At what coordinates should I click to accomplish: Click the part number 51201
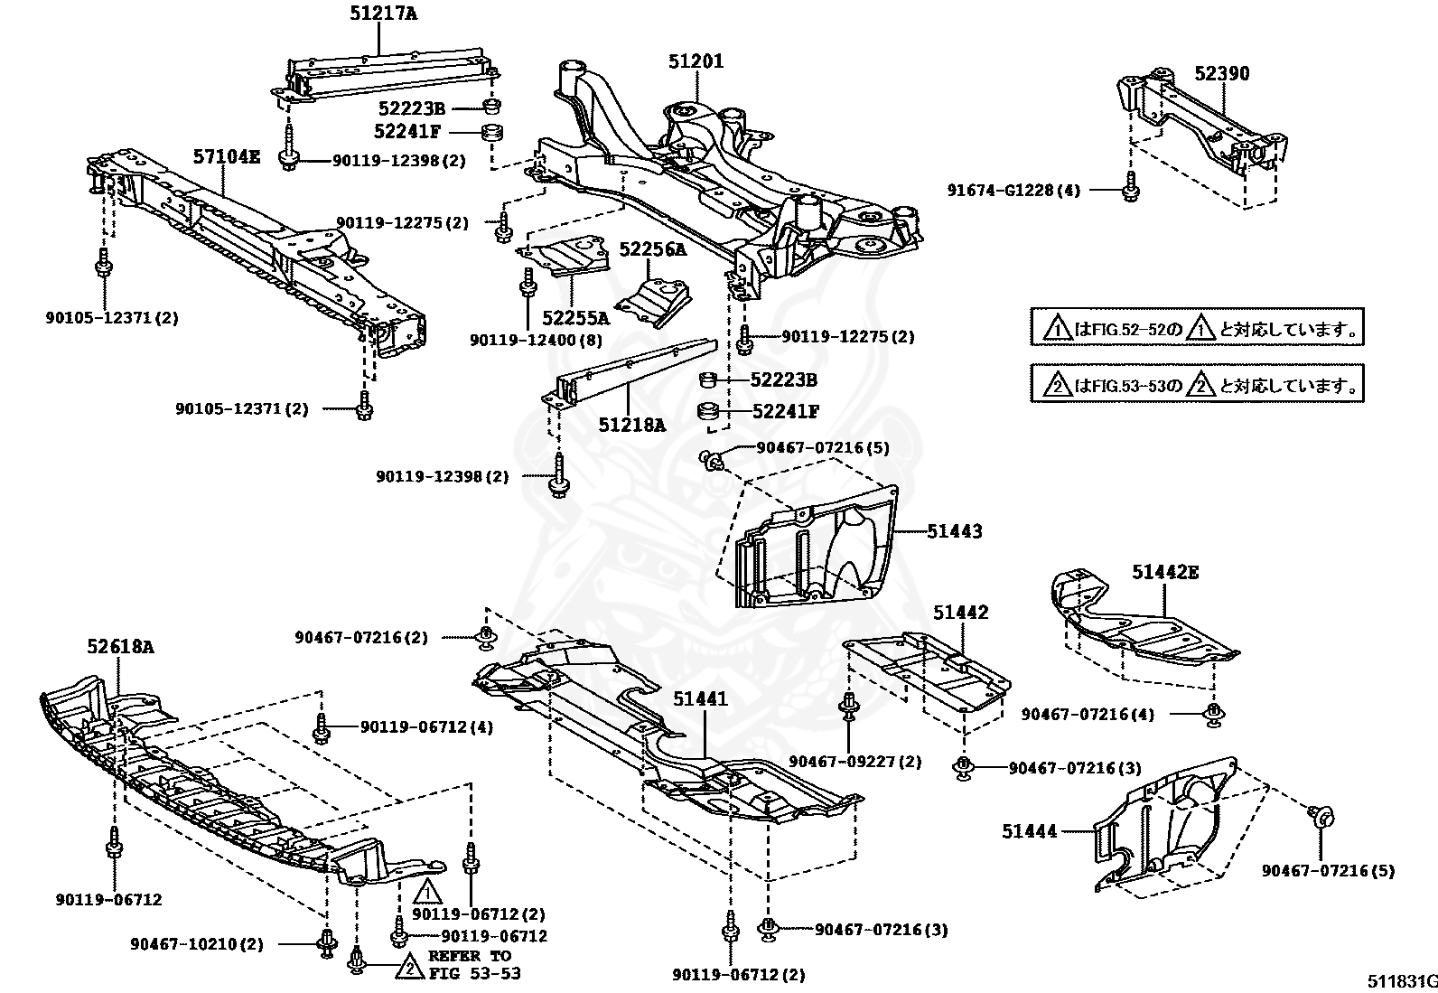click(696, 61)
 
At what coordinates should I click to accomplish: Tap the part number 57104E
click(226, 157)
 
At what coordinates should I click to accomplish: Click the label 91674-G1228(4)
click(1013, 191)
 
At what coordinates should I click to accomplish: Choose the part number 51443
click(955, 531)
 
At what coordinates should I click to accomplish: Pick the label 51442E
click(1165, 572)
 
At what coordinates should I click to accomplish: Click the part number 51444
click(1029, 831)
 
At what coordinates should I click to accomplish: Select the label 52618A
click(120, 646)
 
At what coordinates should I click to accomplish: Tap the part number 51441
click(700, 698)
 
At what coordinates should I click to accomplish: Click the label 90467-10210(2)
click(197, 944)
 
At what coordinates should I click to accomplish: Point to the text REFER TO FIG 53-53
click(469, 964)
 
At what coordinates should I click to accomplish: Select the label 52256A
click(652, 249)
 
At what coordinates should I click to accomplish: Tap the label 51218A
click(631, 424)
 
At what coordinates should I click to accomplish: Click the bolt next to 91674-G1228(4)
click(1129, 191)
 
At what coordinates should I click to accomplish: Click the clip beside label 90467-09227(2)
click(849, 706)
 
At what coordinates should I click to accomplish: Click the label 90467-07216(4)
click(1088, 714)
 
